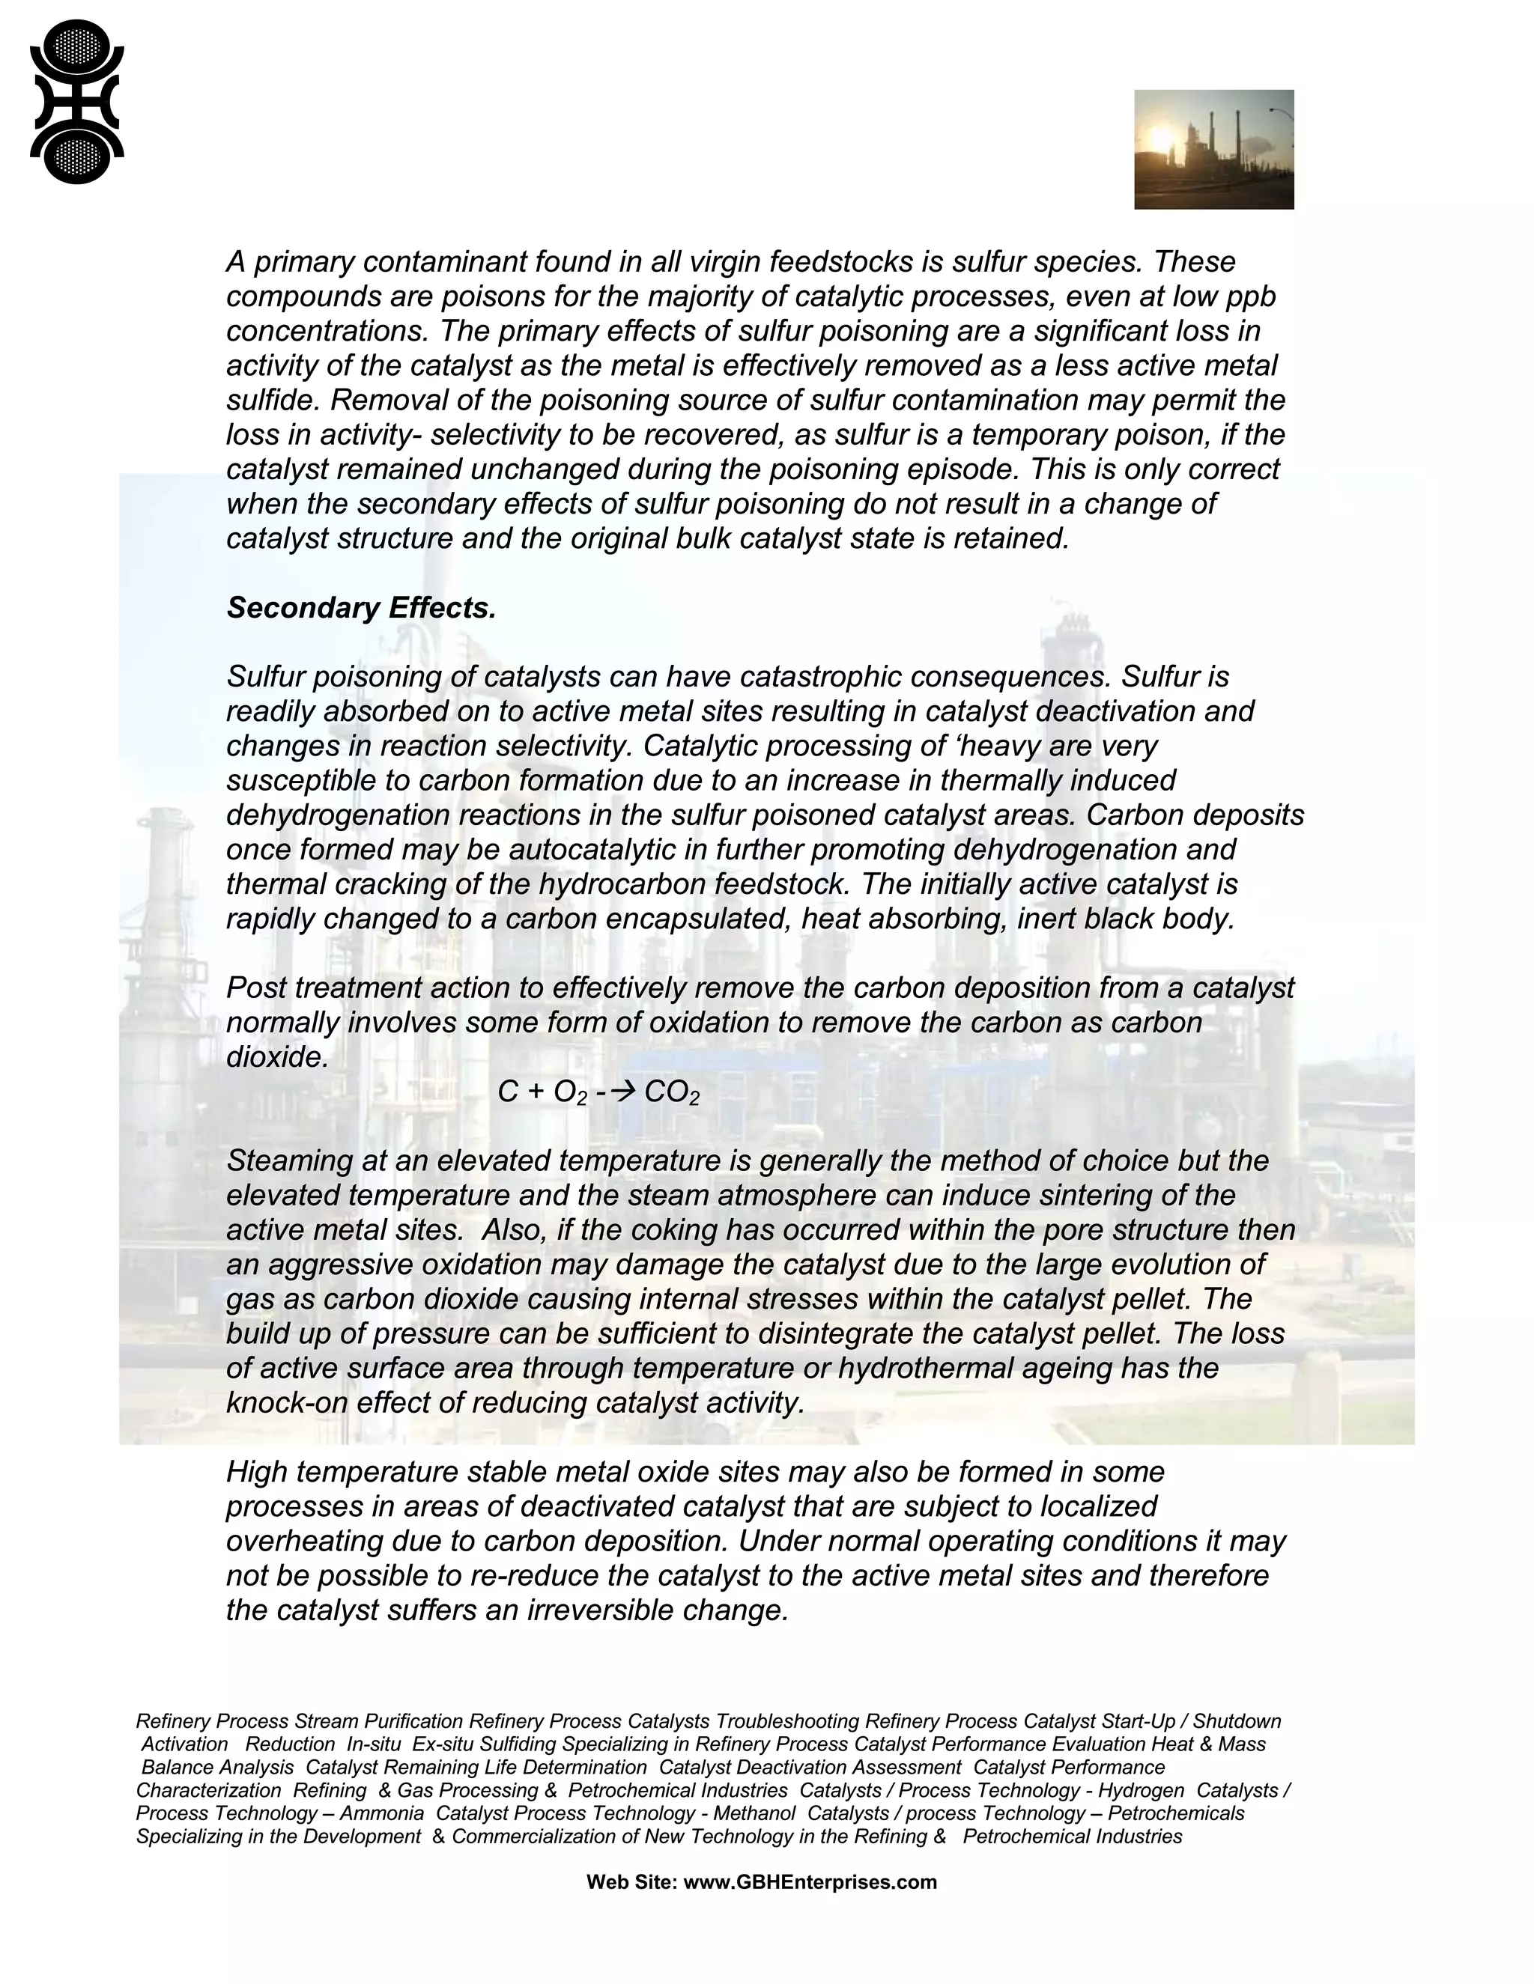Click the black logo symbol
click(x=76, y=102)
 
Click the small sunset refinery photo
click(x=1213, y=149)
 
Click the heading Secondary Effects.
click(x=361, y=609)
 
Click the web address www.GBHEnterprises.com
click(x=809, y=1882)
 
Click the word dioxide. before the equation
click(x=276, y=1057)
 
